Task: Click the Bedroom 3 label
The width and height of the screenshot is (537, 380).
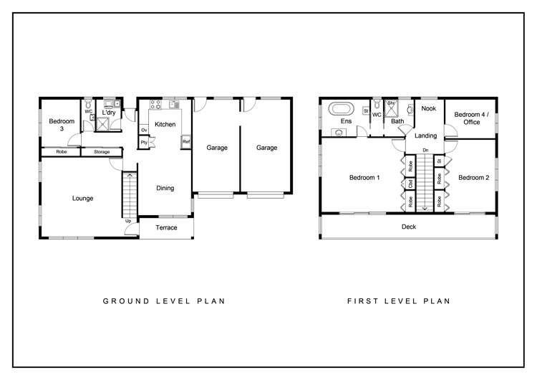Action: (x=62, y=125)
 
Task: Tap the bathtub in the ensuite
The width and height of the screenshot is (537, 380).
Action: (x=341, y=110)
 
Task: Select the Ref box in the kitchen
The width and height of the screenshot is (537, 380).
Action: (x=186, y=141)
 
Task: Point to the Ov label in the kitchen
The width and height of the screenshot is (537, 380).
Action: (x=144, y=130)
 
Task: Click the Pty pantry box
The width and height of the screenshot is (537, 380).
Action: (x=144, y=142)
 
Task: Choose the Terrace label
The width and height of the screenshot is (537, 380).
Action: (x=166, y=228)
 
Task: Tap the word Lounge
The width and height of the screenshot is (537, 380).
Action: (x=82, y=198)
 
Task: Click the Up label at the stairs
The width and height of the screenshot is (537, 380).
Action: (x=128, y=221)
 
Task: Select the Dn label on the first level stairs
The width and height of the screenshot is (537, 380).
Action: (x=425, y=150)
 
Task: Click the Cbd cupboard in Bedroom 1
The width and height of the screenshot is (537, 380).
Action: (x=410, y=183)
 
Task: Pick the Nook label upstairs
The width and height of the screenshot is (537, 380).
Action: (x=428, y=108)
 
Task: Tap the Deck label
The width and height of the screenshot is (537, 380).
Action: (x=408, y=227)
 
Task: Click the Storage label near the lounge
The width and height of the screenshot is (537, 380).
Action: (x=101, y=152)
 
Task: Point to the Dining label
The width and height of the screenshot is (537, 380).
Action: (x=165, y=189)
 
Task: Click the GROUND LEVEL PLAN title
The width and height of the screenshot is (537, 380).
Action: (x=164, y=301)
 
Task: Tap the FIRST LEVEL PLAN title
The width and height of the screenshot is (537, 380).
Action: (x=399, y=301)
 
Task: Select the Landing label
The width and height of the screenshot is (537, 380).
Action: (x=425, y=136)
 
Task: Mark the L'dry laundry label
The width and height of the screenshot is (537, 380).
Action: (x=109, y=113)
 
